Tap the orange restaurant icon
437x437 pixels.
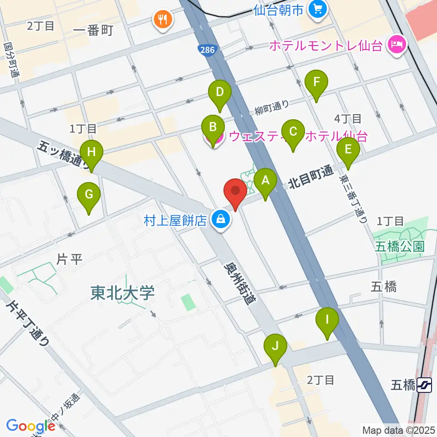pyautogui.click(x=163, y=20)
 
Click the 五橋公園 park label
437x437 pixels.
pyautogui.click(x=400, y=247)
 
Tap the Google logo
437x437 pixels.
pyautogui.click(x=30, y=427)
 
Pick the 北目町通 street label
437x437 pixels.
pyautogui.click(x=310, y=178)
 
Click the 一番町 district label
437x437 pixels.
pyautogui.click(x=92, y=30)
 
